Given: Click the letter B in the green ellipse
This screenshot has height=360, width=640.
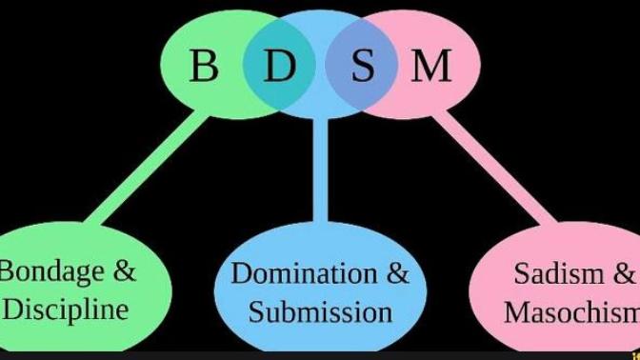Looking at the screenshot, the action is pos(203,66).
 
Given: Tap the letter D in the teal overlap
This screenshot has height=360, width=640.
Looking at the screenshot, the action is pos(280,66).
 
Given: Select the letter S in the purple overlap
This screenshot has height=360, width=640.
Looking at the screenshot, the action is pos(363,66).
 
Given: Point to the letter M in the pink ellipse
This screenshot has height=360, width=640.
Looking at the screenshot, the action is pos(431,66).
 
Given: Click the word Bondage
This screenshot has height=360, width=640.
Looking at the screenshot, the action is pos(51,272).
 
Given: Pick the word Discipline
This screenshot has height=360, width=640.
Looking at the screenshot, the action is pos(66,310).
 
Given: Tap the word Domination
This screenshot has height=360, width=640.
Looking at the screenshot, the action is pos(304,273).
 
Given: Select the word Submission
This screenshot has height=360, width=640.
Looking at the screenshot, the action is pos(320,312).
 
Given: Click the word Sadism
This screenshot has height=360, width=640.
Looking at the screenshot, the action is pos(558,273).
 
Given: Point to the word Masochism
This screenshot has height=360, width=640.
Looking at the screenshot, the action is pos(571,312).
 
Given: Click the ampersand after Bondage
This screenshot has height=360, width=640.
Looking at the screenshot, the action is pos(124,271).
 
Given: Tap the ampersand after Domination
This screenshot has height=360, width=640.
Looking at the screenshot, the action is pos(397,273).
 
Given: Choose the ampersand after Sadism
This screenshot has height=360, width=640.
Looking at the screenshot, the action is pos(624,273).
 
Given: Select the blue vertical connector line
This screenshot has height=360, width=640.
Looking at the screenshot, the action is pos(320,170).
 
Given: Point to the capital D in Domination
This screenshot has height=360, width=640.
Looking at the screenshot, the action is pos(242,273).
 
